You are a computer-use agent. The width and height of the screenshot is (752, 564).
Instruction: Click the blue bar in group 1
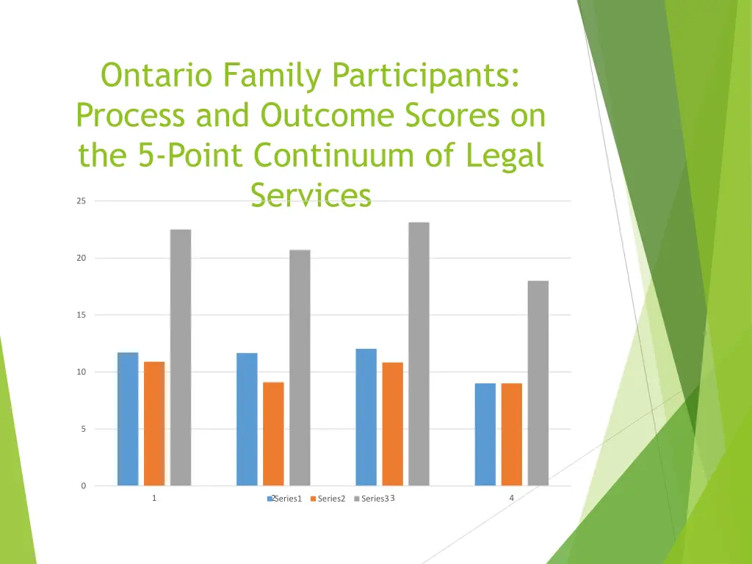(x=128, y=419)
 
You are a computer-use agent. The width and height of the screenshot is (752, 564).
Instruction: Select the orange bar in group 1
(x=154, y=423)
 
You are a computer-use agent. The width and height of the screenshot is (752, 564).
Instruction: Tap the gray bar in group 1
(x=181, y=357)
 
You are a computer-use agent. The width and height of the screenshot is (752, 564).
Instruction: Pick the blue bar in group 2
(x=247, y=419)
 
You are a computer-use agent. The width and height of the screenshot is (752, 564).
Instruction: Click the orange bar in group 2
(x=273, y=433)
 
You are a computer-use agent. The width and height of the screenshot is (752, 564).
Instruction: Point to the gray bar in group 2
(x=300, y=367)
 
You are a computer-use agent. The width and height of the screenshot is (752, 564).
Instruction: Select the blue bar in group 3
(x=366, y=416)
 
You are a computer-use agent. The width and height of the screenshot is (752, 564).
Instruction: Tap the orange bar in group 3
(x=392, y=424)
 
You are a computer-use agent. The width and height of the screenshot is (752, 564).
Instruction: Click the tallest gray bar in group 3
(x=419, y=353)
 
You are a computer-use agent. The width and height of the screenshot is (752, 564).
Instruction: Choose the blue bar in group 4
(x=485, y=434)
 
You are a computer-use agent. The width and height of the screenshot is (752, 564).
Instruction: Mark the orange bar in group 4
(x=511, y=434)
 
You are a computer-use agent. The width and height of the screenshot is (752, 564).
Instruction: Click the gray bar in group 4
(x=538, y=383)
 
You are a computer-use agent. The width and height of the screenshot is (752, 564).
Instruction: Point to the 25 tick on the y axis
(x=81, y=201)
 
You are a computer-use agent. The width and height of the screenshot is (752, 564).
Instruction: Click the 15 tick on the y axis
(x=81, y=315)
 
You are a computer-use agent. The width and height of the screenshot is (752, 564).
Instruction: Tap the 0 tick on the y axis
(x=83, y=486)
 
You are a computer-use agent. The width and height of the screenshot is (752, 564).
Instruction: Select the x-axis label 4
(x=511, y=499)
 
